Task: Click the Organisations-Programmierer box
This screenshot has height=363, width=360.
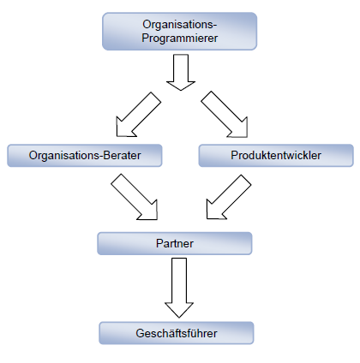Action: (x=180, y=32)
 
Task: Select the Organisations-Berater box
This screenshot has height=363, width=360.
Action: (x=85, y=156)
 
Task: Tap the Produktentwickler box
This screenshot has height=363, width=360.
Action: (x=276, y=156)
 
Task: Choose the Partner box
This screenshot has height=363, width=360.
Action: (x=175, y=243)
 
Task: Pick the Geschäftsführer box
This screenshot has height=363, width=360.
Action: (x=177, y=333)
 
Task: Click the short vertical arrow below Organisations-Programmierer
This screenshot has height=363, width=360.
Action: (x=181, y=73)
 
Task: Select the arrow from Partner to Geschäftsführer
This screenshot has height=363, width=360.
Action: (x=179, y=287)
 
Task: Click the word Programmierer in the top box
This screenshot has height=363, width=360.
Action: (x=180, y=39)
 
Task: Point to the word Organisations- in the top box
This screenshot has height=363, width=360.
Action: (x=180, y=25)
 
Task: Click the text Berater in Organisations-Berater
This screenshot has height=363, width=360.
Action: (x=122, y=156)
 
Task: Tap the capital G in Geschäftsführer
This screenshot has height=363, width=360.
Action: (x=140, y=333)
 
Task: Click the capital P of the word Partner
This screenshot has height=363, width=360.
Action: (x=159, y=243)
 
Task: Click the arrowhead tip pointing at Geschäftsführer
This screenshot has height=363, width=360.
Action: (x=179, y=318)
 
